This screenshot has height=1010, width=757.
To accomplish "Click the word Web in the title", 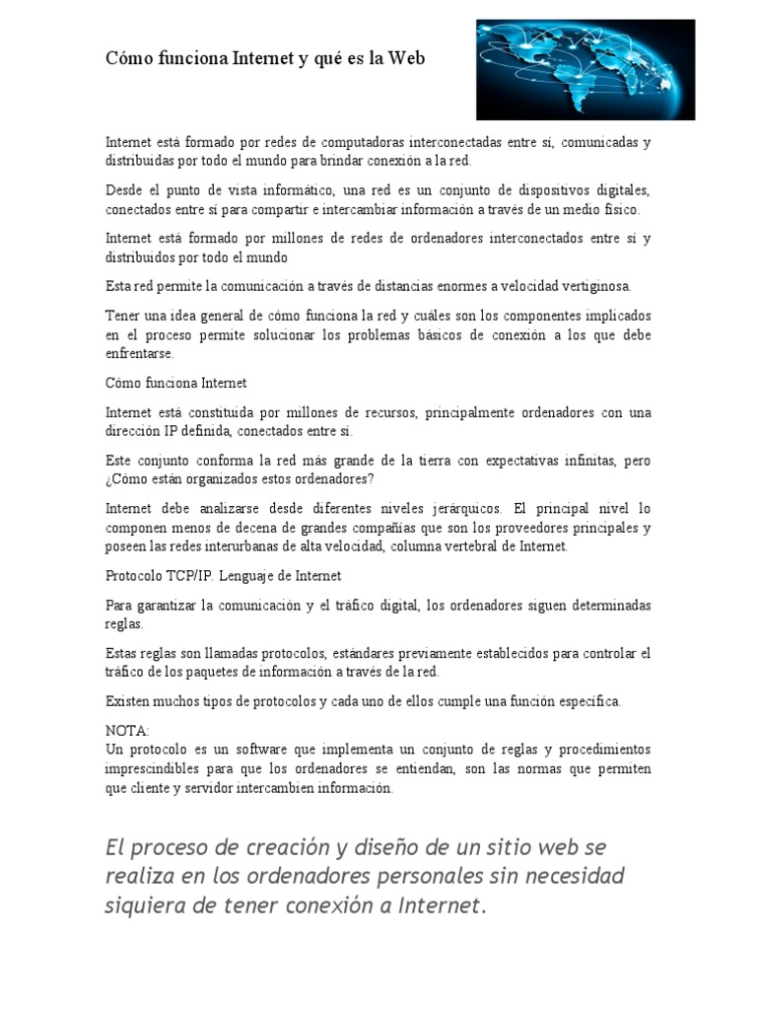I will (x=407, y=59).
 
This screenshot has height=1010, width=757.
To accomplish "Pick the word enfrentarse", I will (x=140, y=352).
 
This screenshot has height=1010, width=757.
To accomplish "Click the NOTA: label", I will (x=127, y=731).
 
